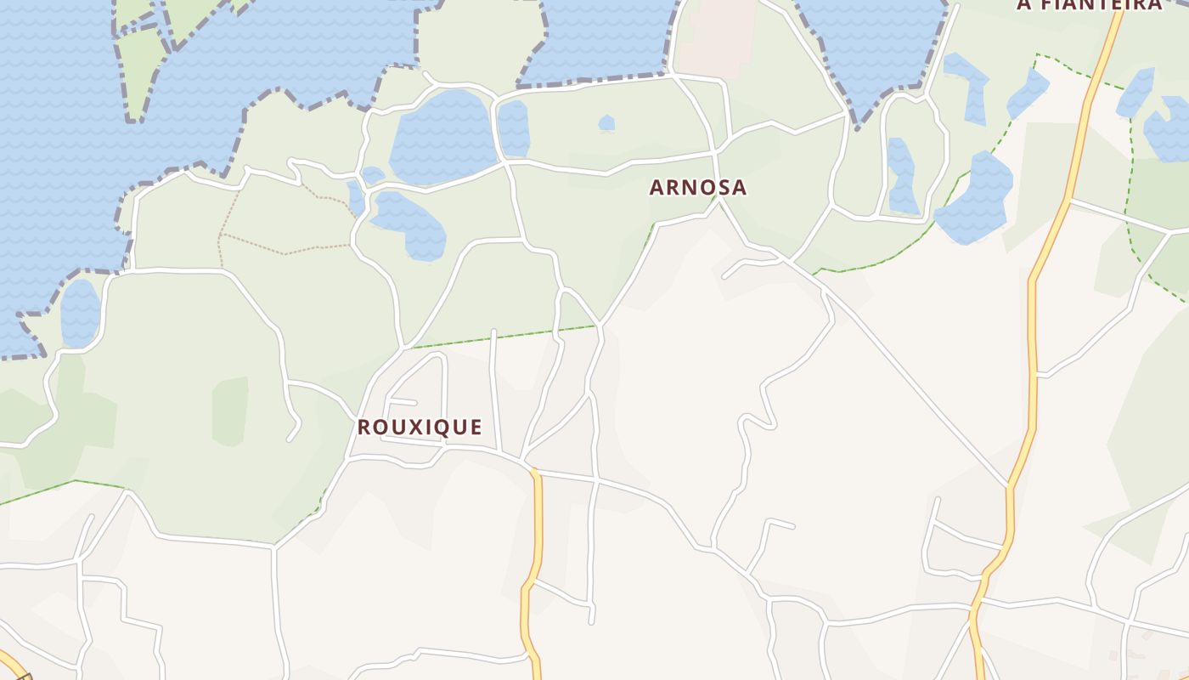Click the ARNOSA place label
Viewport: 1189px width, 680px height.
[698, 188]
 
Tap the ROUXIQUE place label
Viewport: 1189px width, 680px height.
[420, 428]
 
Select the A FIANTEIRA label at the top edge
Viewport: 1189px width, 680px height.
[1090, 5]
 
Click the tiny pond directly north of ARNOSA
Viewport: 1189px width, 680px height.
[606, 123]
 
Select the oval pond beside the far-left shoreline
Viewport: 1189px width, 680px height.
[81, 313]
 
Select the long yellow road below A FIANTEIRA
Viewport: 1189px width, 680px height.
[1034, 340]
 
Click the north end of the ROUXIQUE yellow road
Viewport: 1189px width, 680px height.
[535, 472]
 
